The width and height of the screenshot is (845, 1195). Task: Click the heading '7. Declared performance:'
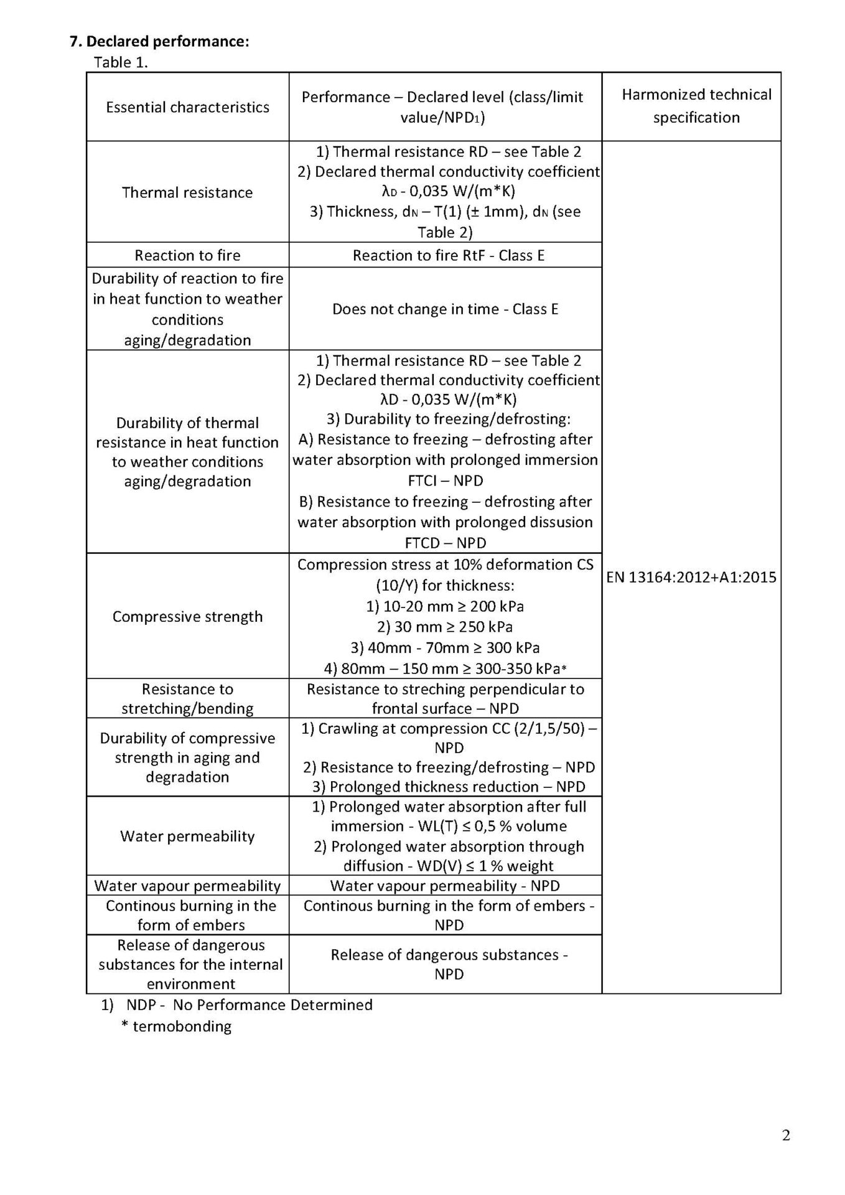point(159,42)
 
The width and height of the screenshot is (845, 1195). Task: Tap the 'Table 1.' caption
point(121,62)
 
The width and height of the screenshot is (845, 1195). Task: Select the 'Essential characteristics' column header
point(187,107)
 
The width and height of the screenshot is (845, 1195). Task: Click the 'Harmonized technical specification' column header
point(696,106)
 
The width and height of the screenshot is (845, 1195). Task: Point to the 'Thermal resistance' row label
point(187,192)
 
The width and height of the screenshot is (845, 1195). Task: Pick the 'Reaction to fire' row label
point(187,255)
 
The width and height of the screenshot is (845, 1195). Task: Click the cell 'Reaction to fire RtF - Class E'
point(448,255)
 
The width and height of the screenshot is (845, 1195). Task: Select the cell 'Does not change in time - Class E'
point(445,309)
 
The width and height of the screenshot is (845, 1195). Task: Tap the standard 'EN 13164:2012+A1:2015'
point(691,577)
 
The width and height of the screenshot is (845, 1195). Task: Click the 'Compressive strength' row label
point(187,616)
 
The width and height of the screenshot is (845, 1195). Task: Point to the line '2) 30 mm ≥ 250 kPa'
point(445,627)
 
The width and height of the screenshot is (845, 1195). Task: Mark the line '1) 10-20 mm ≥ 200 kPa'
point(445,606)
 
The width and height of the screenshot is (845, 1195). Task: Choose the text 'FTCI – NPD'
point(445,480)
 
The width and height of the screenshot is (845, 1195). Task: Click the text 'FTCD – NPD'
point(445,543)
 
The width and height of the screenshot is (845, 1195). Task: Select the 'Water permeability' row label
point(187,836)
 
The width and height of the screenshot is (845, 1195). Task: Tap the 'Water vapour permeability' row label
point(187,886)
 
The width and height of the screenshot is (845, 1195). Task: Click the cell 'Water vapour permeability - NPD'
point(445,886)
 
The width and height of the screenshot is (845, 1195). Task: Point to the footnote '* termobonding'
point(176,1026)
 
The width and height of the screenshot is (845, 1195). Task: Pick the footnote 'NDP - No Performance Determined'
point(249,1005)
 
